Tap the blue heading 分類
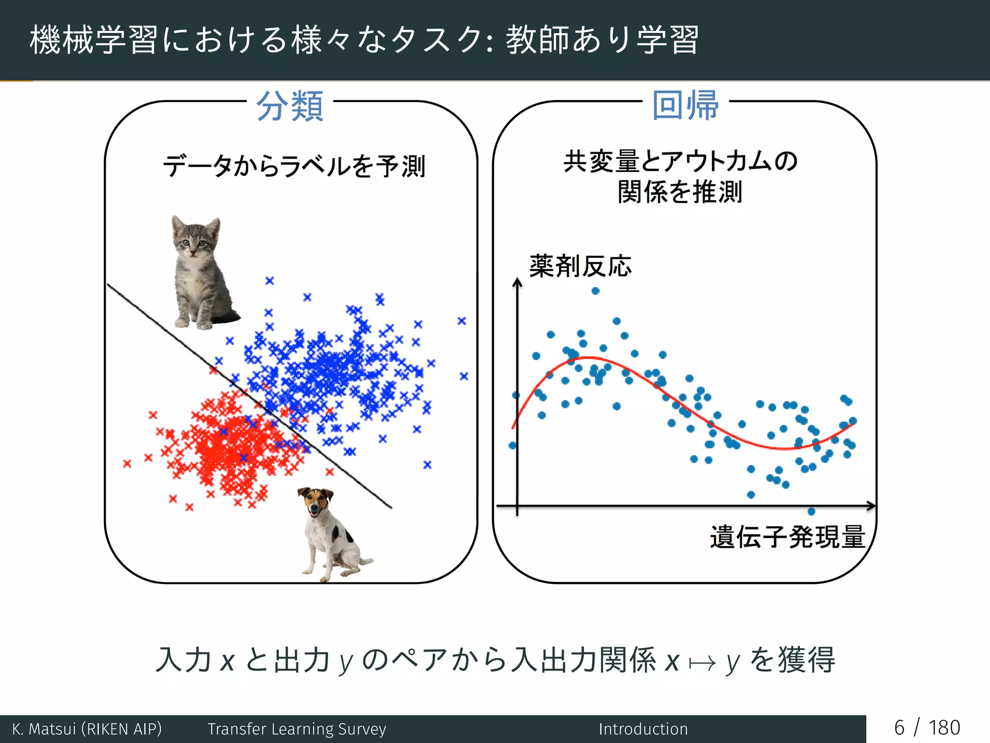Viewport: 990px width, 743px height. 290,106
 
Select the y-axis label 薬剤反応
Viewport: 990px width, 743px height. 580,266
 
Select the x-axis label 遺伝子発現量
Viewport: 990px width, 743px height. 787,537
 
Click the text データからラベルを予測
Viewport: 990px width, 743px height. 294,166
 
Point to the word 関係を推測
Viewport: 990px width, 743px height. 680,192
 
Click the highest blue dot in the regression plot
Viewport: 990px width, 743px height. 596,291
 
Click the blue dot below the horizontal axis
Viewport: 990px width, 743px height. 811,511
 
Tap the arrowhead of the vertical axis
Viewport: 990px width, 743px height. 517,282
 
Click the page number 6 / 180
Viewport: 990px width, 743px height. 927,728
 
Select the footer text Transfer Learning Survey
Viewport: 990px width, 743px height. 297,729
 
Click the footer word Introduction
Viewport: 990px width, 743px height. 643,729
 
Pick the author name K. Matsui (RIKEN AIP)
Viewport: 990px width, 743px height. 87,729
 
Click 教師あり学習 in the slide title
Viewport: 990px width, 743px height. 602,40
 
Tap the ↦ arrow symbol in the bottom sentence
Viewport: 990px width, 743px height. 702,662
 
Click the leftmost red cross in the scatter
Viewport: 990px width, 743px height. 127,464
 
